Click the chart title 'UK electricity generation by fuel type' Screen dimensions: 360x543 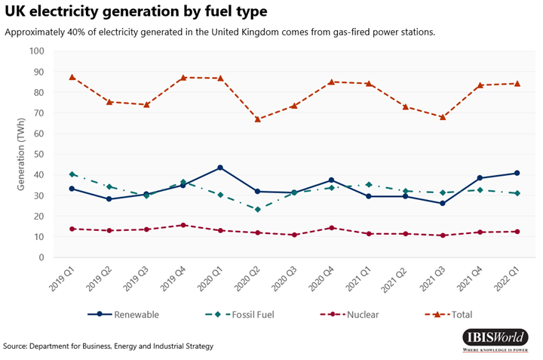[x=135, y=14]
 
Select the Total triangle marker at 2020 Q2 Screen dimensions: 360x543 [x=257, y=118]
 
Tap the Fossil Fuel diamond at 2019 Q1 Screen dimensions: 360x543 [x=72, y=174]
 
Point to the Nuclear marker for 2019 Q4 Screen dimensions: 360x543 [x=183, y=225]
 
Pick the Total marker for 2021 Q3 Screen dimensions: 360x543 [x=442, y=117]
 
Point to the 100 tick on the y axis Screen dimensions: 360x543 [x=37, y=51]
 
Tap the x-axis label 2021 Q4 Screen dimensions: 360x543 [x=467, y=285]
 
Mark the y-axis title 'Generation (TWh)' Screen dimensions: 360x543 [x=21, y=155]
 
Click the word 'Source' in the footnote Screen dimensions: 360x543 [x=15, y=346]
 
